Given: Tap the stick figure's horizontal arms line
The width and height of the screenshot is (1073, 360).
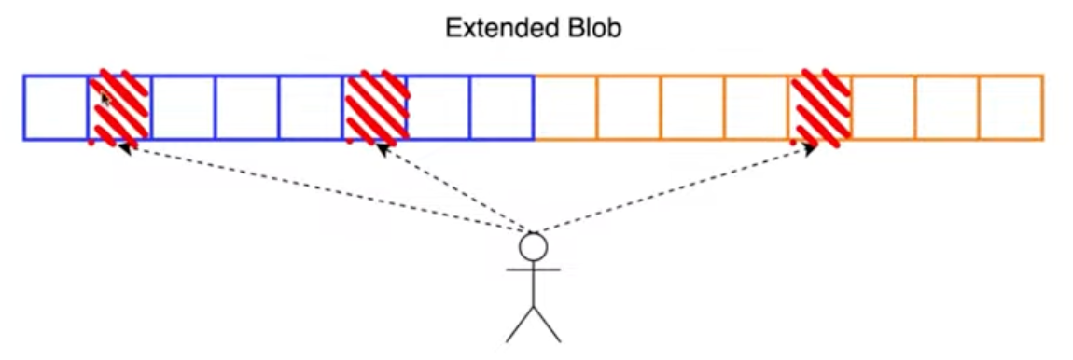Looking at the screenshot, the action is pyautogui.click(x=533, y=270).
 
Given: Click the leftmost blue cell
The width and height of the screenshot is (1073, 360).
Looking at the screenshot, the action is pyautogui.click(x=55, y=107).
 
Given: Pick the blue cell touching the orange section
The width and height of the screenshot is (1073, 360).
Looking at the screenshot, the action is pyautogui.click(x=502, y=107).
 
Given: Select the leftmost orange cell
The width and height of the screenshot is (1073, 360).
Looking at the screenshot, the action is pyautogui.click(x=566, y=107).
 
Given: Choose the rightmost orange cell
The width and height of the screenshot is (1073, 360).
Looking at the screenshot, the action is pyautogui.click(x=1011, y=107).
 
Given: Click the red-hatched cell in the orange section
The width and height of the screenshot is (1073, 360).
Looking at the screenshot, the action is pyautogui.click(x=820, y=107).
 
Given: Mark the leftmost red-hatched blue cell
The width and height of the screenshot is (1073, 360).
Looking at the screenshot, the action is pyautogui.click(x=119, y=107).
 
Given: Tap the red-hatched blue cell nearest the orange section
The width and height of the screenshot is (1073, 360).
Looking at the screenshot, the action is pyautogui.click(x=374, y=107).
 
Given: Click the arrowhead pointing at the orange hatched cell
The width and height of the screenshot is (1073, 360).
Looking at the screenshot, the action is pyautogui.click(x=811, y=148).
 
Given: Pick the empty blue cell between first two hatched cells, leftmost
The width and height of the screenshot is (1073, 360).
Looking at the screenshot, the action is pyautogui.click(x=183, y=107).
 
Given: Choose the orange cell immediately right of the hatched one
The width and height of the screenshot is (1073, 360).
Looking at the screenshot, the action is pyautogui.click(x=885, y=107).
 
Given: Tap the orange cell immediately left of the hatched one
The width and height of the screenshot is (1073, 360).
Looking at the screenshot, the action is pyautogui.click(x=757, y=107).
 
